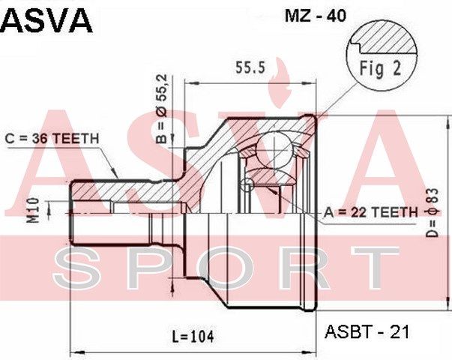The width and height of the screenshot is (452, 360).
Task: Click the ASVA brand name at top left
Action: (46, 21)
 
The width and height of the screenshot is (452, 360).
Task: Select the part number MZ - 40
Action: (316, 16)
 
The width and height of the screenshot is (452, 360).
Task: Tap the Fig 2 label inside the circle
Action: (380, 69)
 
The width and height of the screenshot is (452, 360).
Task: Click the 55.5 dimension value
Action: (250, 68)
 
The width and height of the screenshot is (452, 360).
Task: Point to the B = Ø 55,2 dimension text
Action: (161, 109)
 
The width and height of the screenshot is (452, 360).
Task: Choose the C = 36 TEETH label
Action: (52, 139)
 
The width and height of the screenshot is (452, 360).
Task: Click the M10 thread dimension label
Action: (33, 211)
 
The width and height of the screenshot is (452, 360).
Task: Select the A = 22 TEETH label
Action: (370, 212)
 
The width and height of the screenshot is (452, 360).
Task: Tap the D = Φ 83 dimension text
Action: (432, 213)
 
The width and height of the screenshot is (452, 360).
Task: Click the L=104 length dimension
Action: (193, 336)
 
